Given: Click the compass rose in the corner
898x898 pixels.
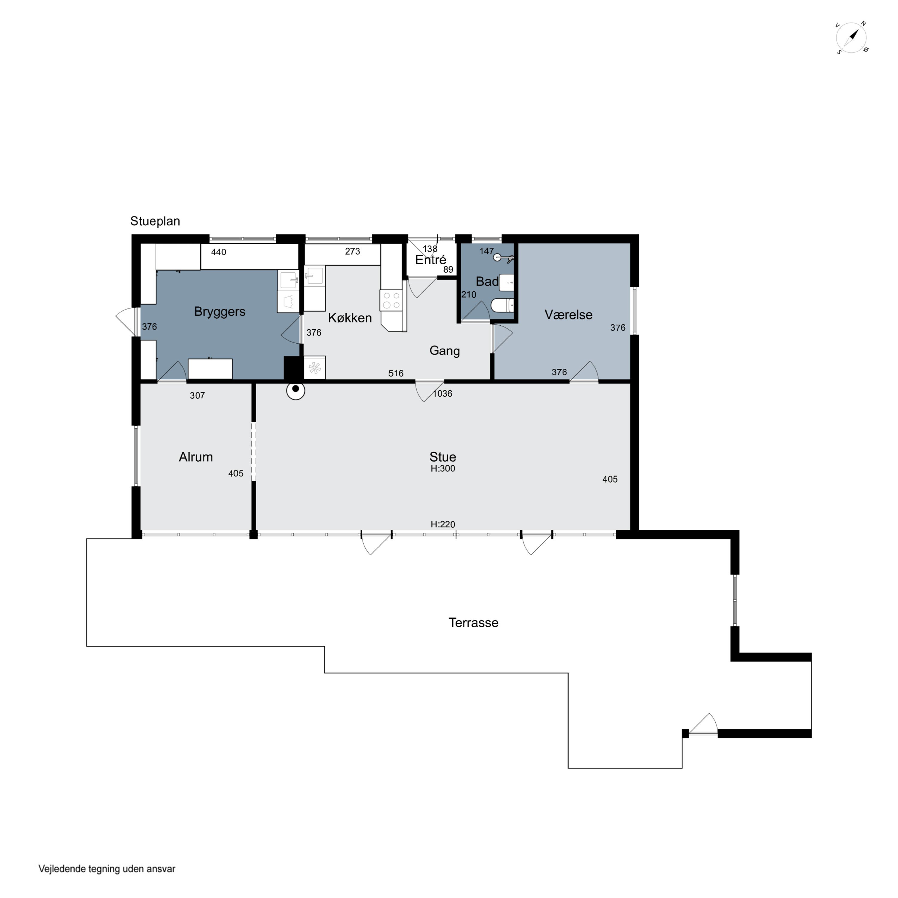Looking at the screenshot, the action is tap(852, 37).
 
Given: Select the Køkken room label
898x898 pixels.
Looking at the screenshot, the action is tap(350, 318).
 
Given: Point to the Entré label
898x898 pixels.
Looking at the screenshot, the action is tap(430, 260).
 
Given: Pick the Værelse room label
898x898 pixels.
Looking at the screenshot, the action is tap(568, 315).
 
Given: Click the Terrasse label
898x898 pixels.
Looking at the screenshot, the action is tap(473, 623).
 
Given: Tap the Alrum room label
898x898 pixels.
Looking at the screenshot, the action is tap(196, 457).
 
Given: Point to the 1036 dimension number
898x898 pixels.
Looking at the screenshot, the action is tap(442, 394).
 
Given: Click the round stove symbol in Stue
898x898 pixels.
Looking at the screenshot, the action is tap(296, 391).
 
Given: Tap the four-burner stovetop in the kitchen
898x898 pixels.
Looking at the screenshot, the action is tap(391, 300).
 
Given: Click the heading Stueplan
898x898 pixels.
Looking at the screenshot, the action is tap(155, 221).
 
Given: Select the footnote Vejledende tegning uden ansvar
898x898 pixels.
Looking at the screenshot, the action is tap(107, 869).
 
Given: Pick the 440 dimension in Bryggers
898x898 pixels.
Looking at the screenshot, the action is tap(219, 252).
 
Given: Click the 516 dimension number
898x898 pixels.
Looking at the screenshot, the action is tap(396, 373).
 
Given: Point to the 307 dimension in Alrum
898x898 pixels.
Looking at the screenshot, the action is tap(197, 395).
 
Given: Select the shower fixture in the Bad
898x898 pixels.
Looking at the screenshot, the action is tap(504, 257).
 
